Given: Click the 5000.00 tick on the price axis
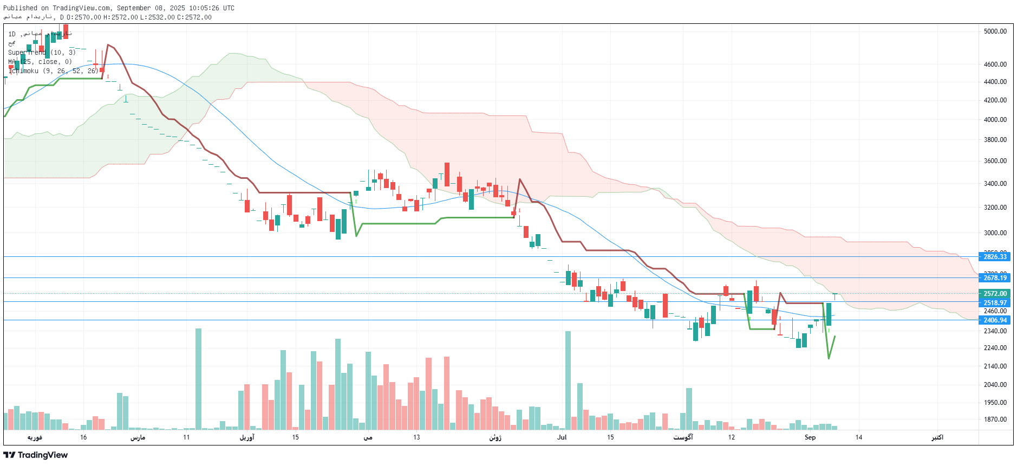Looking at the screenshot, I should pos(995,31).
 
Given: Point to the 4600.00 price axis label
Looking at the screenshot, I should pos(995,64).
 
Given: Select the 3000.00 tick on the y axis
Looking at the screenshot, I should pos(995,233).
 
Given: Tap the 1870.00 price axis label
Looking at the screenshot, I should pos(995,419).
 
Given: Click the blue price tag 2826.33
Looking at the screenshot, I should pos(995,257).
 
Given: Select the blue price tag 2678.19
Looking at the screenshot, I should pos(995,278).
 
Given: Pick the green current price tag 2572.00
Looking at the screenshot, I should pos(995,294).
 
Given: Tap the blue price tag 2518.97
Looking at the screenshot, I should pos(995,303).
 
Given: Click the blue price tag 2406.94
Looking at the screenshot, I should pos(995,320).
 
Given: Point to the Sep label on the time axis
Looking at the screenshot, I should pos(810,437).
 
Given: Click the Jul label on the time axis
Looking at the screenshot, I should pos(562,437).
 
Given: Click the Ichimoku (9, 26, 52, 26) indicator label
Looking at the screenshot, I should pos(53,71).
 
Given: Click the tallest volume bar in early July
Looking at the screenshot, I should pos(568,379).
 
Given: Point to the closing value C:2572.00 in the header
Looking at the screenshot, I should pos(194,17).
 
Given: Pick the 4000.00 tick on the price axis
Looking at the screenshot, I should pos(995,120).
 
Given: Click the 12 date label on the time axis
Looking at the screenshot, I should pos(731,437).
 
